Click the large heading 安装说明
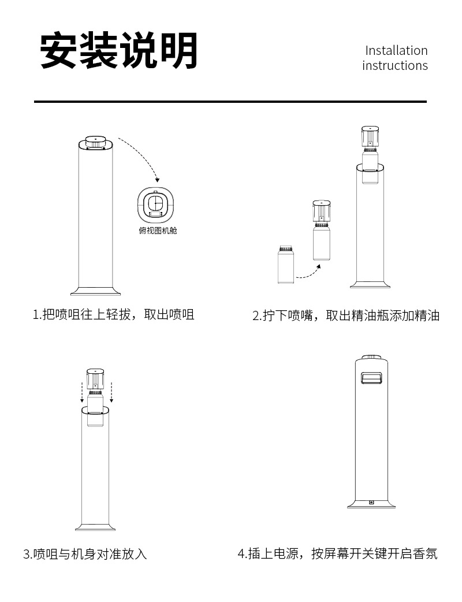[x=119, y=51]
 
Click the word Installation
[x=396, y=50]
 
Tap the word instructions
[x=395, y=65]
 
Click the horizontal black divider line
[x=230, y=102]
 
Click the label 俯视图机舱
[x=155, y=231]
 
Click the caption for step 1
[x=113, y=314]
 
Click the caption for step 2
[x=346, y=315]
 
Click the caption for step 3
[x=85, y=554]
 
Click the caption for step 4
[x=338, y=553]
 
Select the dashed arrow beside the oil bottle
[x=309, y=272]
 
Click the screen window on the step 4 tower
[x=372, y=378]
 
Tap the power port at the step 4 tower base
[x=371, y=502]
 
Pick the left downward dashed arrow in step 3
[x=82, y=391]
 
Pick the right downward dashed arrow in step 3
[x=111, y=391]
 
